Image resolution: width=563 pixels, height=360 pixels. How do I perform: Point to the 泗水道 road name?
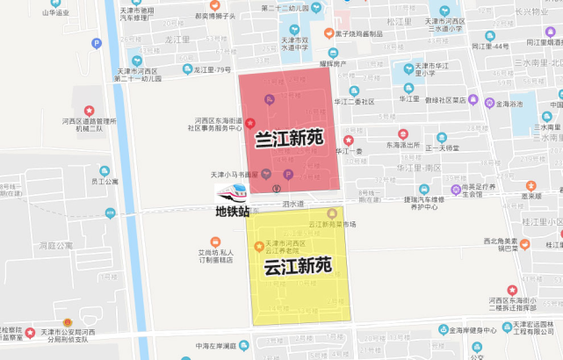pyautogui.click(x=292, y=204)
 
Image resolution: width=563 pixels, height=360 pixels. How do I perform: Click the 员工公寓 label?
pyautogui.click(x=104, y=182)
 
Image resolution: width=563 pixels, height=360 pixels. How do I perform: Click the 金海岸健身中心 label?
pyautogui.click(x=468, y=331)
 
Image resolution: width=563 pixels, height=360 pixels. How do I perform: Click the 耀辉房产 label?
pyautogui.click(x=333, y=64)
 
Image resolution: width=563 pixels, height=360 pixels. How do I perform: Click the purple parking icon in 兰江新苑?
pyautogui.click(x=287, y=177)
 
